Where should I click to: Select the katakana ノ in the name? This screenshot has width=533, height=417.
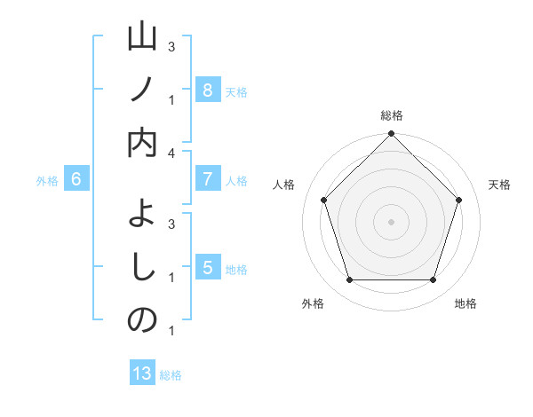[x=142, y=90]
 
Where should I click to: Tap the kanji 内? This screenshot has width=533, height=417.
[x=142, y=142]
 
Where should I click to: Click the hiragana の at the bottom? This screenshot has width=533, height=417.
[x=142, y=320]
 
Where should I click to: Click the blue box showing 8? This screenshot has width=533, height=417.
[x=207, y=90]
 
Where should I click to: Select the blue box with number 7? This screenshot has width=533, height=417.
[x=207, y=179]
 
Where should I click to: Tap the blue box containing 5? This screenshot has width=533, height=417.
[x=207, y=268]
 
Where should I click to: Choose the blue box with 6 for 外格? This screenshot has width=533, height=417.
[x=76, y=179]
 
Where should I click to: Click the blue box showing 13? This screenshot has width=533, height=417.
[x=142, y=374]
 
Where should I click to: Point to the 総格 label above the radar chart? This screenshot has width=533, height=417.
[x=392, y=116]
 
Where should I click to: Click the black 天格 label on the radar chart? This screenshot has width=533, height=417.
[x=499, y=185]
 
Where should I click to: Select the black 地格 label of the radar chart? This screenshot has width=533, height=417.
[x=465, y=303]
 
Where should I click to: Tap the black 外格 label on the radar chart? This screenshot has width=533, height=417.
[x=313, y=303]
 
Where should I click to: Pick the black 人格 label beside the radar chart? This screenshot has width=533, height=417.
[x=284, y=185]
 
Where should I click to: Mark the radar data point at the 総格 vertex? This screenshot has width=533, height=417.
[x=391, y=134]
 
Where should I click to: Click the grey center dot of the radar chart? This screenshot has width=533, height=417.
[x=391, y=221]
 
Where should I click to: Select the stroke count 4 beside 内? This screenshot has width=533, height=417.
[x=171, y=153]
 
